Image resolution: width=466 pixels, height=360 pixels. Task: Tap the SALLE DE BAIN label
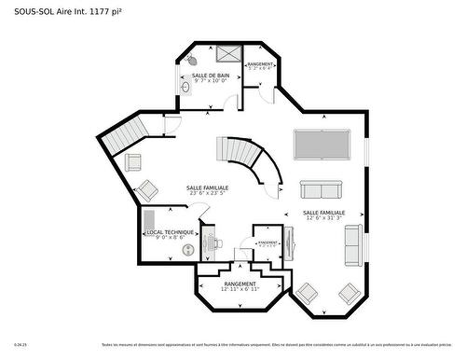pos(211,76)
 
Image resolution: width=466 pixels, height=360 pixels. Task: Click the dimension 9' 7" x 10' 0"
pos(211,81)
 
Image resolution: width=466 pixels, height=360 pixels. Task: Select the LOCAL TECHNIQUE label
pos(170,232)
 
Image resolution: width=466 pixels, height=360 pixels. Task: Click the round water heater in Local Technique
pos(189,250)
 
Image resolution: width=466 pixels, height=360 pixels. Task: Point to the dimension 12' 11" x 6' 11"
pos(240,289)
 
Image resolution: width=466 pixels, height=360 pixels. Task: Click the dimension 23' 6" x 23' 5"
pos(207,193)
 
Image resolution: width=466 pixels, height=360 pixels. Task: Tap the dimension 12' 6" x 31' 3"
pos(323,218)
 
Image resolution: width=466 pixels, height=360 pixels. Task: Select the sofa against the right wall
pos(353,244)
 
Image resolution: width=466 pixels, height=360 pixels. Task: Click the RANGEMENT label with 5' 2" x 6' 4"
pos(260,63)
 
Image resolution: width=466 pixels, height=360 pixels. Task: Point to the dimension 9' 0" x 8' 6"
pos(170,238)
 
